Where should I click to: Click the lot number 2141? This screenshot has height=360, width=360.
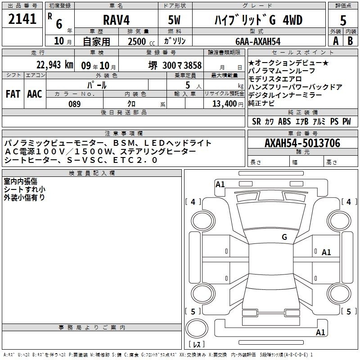click(x=22, y=19)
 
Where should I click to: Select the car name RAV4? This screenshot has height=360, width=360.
click(x=117, y=20)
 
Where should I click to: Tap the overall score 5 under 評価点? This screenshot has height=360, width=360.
click(x=343, y=20)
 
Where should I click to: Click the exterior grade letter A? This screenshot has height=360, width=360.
click(x=336, y=41)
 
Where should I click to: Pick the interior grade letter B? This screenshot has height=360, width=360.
click(x=350, y=41)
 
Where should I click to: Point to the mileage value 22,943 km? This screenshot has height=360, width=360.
click(x=54, y=65)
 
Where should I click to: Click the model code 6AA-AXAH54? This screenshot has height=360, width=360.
click(x=258, y=41)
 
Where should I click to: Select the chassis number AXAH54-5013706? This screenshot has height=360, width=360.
click(x=302, y=143)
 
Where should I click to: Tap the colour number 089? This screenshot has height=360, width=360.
click(x=74, y=104)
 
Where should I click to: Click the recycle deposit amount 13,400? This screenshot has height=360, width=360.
click(x=225, y=104)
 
